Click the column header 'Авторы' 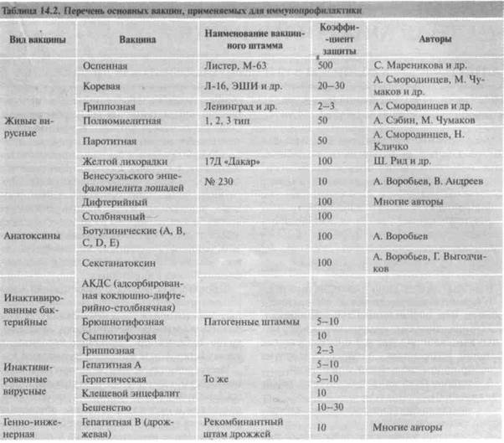tap(430, 39)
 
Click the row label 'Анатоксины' tap(33, 237)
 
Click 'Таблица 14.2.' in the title tap(31, 7)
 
